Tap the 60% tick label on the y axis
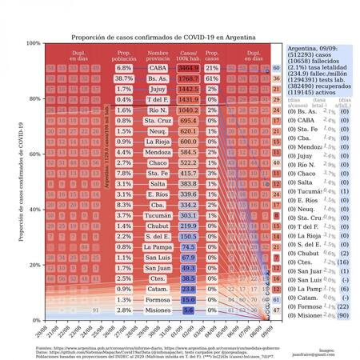tap(35, 154)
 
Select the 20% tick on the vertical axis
tap(35, 265)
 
